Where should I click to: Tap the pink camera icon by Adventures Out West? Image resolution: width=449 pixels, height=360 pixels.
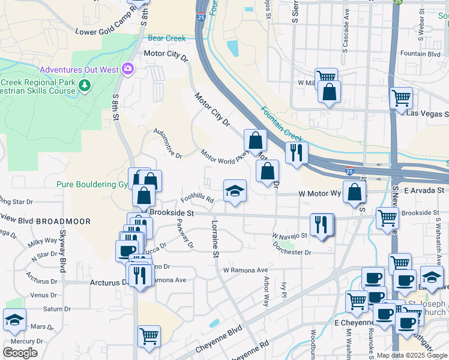click(127, 69)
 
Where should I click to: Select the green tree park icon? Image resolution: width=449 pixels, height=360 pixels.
click(85, 86)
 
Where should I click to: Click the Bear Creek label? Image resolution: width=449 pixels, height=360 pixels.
click(167, 38)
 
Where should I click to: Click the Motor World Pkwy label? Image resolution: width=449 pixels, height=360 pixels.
click(224, 156)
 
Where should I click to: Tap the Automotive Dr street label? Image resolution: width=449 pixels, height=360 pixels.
click(167, 143)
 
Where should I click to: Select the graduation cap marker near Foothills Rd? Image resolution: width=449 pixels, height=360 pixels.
click(235, 191)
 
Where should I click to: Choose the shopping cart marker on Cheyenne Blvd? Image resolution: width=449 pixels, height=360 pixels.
click(149, 336)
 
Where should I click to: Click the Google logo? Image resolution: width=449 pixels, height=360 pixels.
click(20, 353)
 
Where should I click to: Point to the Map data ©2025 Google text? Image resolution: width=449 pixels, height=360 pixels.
click(412, 355)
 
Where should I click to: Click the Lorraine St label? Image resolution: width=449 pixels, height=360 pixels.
click(214, 238)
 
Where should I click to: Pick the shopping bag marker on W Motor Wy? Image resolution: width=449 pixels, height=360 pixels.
click(355, 192)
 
